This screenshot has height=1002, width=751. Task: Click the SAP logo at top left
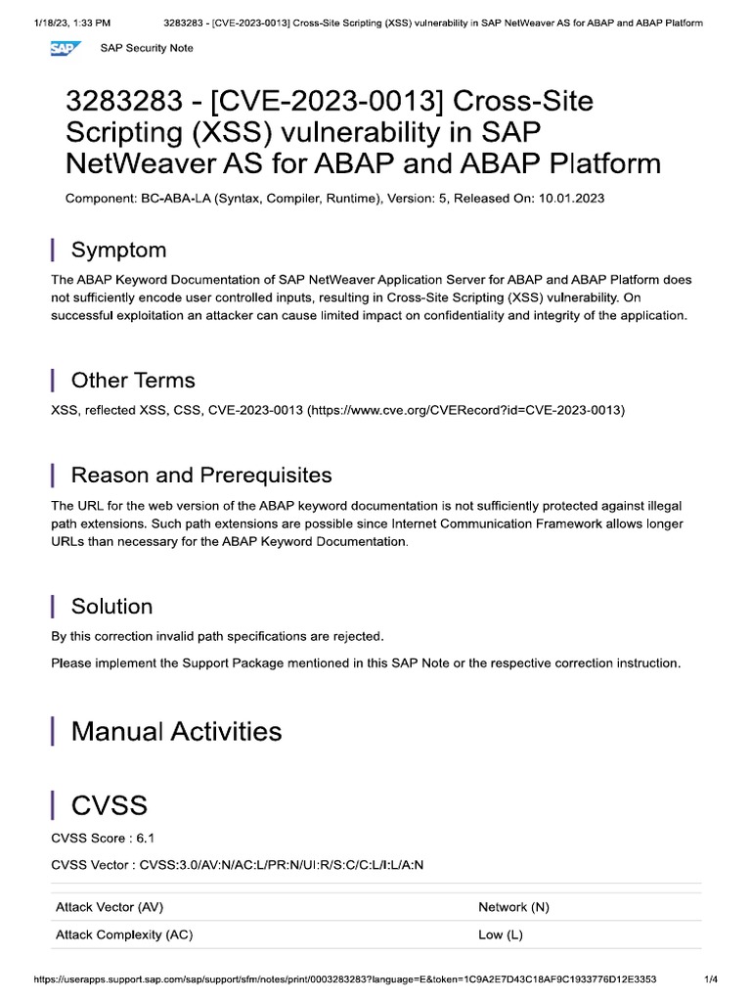pos(66,49)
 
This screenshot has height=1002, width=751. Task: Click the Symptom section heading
pos(118,250)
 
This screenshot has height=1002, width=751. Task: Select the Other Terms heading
pos(133,380)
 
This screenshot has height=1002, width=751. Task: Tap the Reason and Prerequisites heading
pos(201,476)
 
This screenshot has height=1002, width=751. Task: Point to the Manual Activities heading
pos(176,731)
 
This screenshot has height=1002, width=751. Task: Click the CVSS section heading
pos(110,805)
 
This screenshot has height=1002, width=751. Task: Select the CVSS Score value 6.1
pos(145,839)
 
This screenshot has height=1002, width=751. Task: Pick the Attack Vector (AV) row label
pos(110,907)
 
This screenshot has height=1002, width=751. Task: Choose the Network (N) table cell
pos(513,907)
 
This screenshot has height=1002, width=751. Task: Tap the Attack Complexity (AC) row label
pos(124,934)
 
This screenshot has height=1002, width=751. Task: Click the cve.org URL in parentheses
pos(465,411)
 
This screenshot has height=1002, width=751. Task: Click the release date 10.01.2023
pos(569,199)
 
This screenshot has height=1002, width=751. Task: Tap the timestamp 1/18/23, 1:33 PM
pos(59,23)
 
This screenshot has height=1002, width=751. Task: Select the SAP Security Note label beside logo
pos(154,49)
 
